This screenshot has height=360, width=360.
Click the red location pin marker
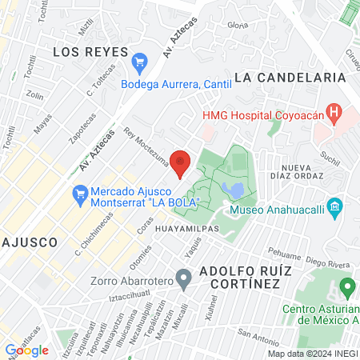(x=181, y=162)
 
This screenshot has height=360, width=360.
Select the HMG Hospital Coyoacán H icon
(x=336, y=114)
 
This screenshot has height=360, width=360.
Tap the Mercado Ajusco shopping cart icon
(x=79, y=193)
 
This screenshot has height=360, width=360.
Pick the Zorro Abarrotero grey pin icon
(x=184, y=279)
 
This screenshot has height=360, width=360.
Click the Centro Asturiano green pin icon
(x=346, y=286)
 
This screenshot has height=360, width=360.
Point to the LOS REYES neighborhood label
(x=90, y=51)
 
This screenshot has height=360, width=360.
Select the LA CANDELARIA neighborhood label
(x=290, y=77)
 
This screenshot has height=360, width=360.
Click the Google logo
(x=26, y=350)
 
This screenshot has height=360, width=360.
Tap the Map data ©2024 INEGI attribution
(x=312, y=353)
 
